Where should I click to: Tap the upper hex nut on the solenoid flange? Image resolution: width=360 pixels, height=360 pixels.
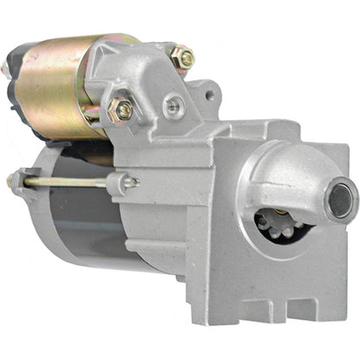coord(183,57)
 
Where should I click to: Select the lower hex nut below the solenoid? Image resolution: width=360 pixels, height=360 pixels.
coord(122,110)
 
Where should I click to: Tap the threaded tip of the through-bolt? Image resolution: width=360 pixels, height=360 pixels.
coord(132,181)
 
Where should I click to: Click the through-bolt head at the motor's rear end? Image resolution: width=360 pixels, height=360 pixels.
coord(11,181)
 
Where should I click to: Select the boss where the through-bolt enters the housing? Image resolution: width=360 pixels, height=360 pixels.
coord(119,183)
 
